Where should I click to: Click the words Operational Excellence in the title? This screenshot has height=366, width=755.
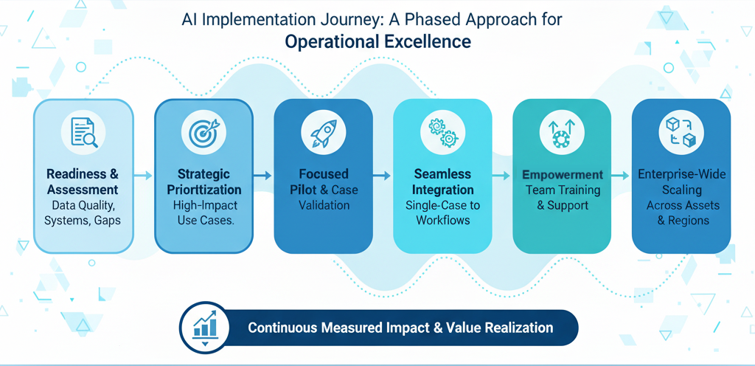click(x=377, y=42)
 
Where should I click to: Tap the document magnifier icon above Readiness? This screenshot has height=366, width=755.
click(x=83, y=133)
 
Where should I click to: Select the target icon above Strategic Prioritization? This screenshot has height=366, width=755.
click(x=203, y=133)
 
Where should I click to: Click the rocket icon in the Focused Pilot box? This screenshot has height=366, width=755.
click(x=323, y=133)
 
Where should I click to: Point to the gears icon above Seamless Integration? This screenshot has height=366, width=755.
click(x=442, y=133)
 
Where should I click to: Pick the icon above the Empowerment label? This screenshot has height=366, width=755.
click(x=562, y=133)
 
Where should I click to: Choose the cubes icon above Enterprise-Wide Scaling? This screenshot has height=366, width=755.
click(x=681, y=133)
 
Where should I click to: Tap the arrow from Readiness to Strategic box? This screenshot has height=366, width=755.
click(x=144, y=176)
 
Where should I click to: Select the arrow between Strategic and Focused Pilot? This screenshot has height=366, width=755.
click(x=263, y=176)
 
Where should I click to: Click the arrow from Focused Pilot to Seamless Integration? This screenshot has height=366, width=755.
click(x=382, y=176)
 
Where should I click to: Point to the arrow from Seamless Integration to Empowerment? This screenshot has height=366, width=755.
click(x=502, y=176)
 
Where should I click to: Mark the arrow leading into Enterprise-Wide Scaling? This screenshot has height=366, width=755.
click(x=622, y=176)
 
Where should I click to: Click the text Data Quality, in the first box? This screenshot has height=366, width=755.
click(x=83, y=204)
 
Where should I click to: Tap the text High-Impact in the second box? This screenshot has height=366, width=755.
click(x=203, y=204)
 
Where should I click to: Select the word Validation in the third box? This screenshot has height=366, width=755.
click(x=323, y=205)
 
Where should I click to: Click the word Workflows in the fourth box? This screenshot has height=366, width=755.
click(x=442, y=220)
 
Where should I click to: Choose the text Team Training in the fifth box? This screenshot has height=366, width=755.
click(x=563, y=190)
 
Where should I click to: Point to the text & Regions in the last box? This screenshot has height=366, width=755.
click(x=682, y=220)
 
